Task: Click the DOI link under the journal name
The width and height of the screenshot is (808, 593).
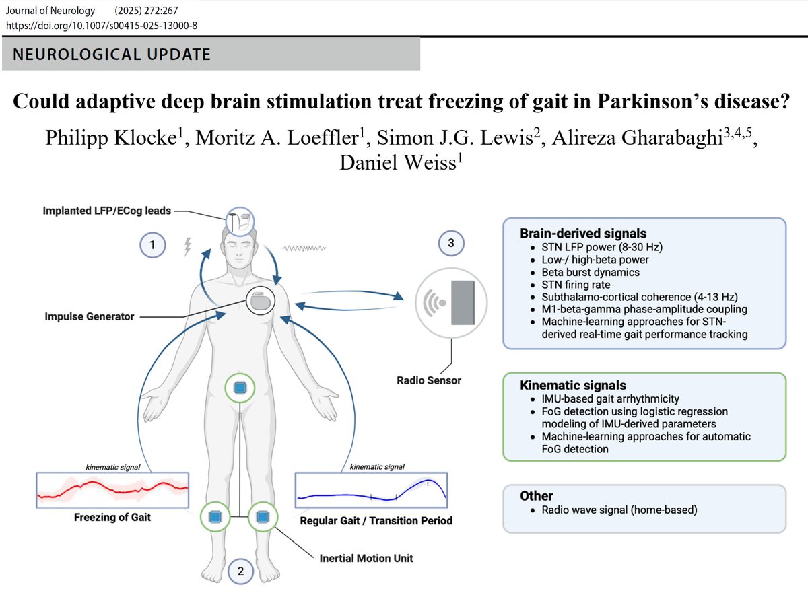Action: pos(101,25)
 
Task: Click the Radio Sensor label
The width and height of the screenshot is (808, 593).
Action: pos(429,380)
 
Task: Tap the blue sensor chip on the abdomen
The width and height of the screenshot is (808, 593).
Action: pos(239,387)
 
